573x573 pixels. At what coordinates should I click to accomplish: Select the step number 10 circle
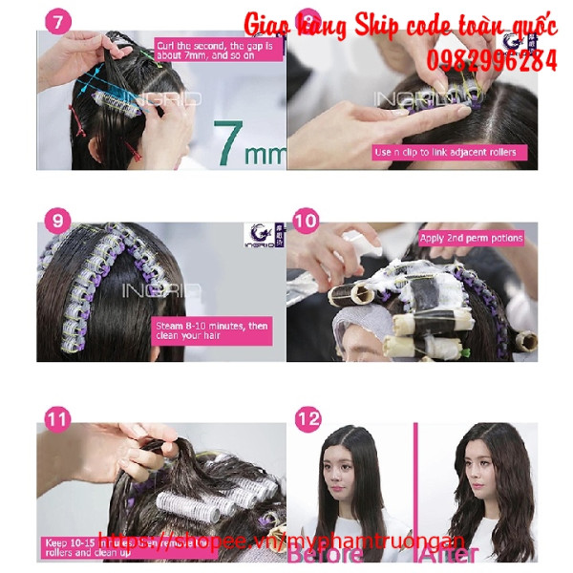[305, 222]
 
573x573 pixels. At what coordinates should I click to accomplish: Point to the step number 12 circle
[307, 419]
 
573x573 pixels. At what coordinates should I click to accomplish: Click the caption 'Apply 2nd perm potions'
[472, 239]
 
